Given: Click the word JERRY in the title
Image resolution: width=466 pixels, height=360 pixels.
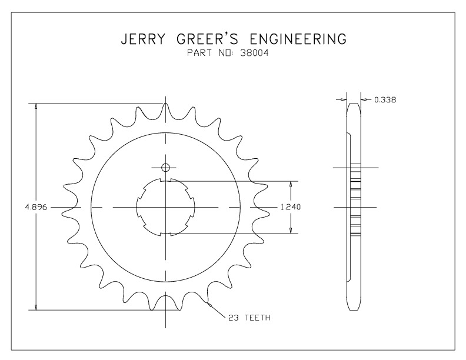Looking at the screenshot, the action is point(143,39).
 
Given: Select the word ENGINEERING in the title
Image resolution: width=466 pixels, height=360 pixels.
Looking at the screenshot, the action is point(298,39).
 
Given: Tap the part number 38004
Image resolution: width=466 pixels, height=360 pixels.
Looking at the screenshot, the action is point(254,53).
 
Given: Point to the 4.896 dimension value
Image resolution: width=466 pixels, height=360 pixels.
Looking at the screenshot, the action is point(36,207).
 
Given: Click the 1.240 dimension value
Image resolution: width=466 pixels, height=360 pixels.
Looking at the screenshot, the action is point(291,207).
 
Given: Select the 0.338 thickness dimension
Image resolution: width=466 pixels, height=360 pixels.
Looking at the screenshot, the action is point(385,100).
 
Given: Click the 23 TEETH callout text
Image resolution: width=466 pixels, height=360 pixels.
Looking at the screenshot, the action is point(249,318).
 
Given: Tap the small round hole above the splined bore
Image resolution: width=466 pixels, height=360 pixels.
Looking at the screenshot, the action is point(165,168).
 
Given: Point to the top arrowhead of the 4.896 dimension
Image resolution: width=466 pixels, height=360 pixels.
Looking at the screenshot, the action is point(36,106).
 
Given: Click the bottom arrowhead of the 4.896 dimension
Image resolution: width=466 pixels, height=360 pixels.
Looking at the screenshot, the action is point(36,307).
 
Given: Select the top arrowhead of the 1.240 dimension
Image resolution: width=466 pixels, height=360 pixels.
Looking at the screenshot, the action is point(291,185).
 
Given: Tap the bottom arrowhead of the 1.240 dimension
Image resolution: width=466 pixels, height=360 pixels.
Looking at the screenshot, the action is point(291,229).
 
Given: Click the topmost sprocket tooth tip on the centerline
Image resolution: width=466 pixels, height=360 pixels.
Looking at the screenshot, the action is point(165,104).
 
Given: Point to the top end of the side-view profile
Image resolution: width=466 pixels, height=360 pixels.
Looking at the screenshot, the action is point(354,104).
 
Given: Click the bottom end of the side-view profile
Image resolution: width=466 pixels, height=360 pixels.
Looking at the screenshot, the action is point(354,311).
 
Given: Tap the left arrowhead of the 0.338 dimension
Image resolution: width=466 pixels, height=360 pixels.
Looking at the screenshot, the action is point(344,100).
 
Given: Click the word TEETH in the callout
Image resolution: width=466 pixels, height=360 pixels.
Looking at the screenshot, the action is point(257,318).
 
